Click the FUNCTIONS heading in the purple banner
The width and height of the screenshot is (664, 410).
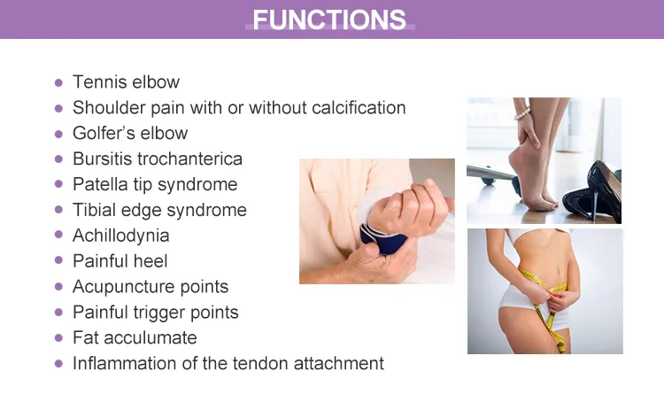(x=329, y=19)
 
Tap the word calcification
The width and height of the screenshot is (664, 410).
(x=359, y=107)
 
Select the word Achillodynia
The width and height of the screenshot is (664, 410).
(x=121, y=236)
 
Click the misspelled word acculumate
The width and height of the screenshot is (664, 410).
(x=151, y=338)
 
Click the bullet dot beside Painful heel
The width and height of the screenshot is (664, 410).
(x=58, y=261)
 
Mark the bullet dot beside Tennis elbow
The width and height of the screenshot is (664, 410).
(x=58, y=82)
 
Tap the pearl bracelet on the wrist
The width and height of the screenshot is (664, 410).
(x=522, y=113)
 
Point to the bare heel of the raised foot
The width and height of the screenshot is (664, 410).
(x=517, y=162)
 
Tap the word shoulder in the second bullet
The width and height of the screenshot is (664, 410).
(x=109, y=107)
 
